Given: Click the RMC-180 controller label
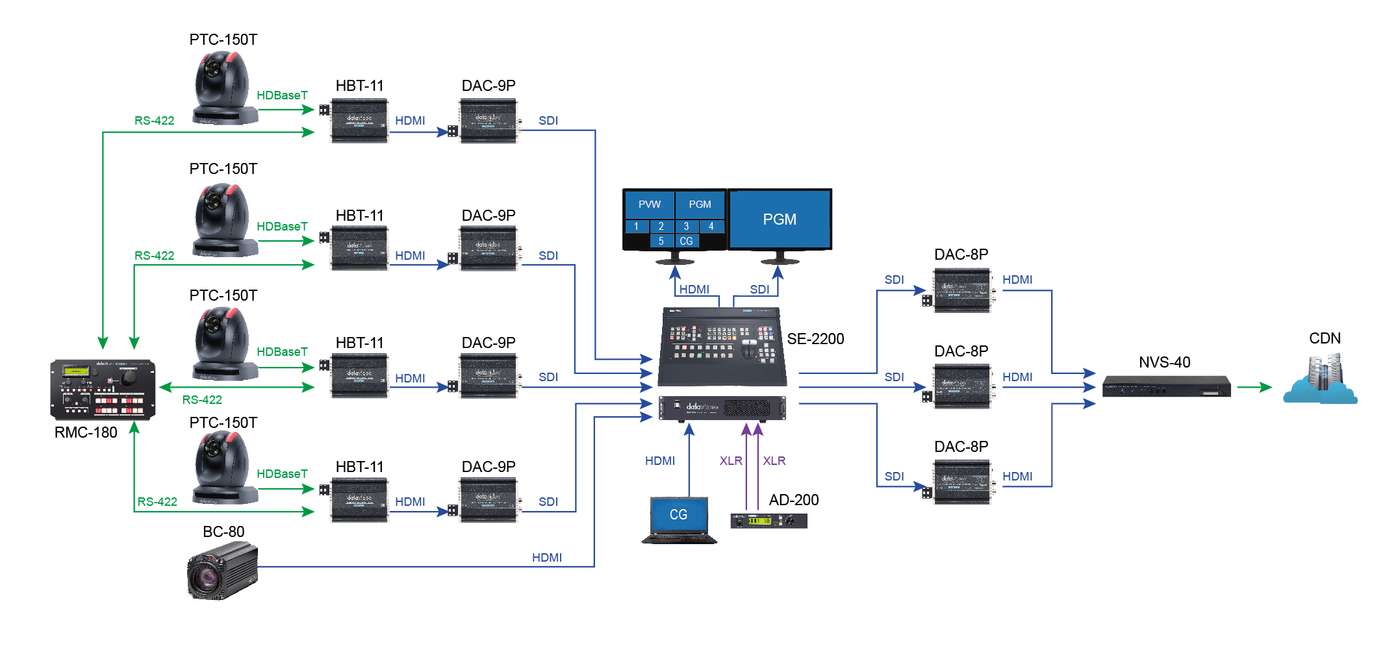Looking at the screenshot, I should (x=86, y=432).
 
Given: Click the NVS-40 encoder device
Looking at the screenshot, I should (x=1166, y=387).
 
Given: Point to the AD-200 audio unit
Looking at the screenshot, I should (x=769, y=521).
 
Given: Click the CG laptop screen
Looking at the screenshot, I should (x=678, y=515).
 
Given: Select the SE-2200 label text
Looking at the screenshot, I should (x=815, y=339).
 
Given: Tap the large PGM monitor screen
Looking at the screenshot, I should (x=780, y=219).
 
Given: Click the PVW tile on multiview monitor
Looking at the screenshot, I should (x=649, y=205).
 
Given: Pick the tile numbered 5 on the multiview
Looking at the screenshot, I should (x=661, y=241).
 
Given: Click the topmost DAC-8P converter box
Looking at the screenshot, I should (x=962, y=291).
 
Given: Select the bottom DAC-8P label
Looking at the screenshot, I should (x=961, y=447).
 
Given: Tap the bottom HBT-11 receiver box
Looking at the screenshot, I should (x=359, y=499).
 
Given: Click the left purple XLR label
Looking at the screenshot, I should (x=730, y=461).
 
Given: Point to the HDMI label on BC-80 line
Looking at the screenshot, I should (x=546, y=558).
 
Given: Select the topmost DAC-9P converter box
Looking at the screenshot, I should (x=488, y=120).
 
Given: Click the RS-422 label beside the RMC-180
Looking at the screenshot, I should (x=202, y=400).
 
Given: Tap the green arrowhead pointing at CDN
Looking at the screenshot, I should (x=1265, y=388).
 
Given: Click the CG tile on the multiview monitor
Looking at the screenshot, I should (x=686, y=241).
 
